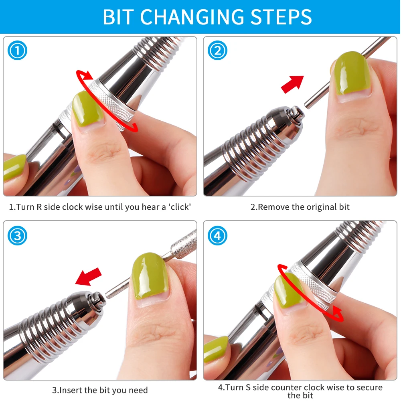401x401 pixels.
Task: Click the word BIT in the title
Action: tap(118, 17)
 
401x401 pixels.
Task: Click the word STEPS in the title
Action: tap(281, 17)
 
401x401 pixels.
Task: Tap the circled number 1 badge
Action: tap(17, 51)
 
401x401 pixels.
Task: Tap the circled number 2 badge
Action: tap(217, 51)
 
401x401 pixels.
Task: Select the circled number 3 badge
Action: tap(17, 235)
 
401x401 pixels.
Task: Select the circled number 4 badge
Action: tap(217, 235)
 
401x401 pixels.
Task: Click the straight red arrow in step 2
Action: tap(293, 84)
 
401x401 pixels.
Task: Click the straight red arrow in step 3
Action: tap(89, 277)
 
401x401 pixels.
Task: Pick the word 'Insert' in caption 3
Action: tap(71, 390)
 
